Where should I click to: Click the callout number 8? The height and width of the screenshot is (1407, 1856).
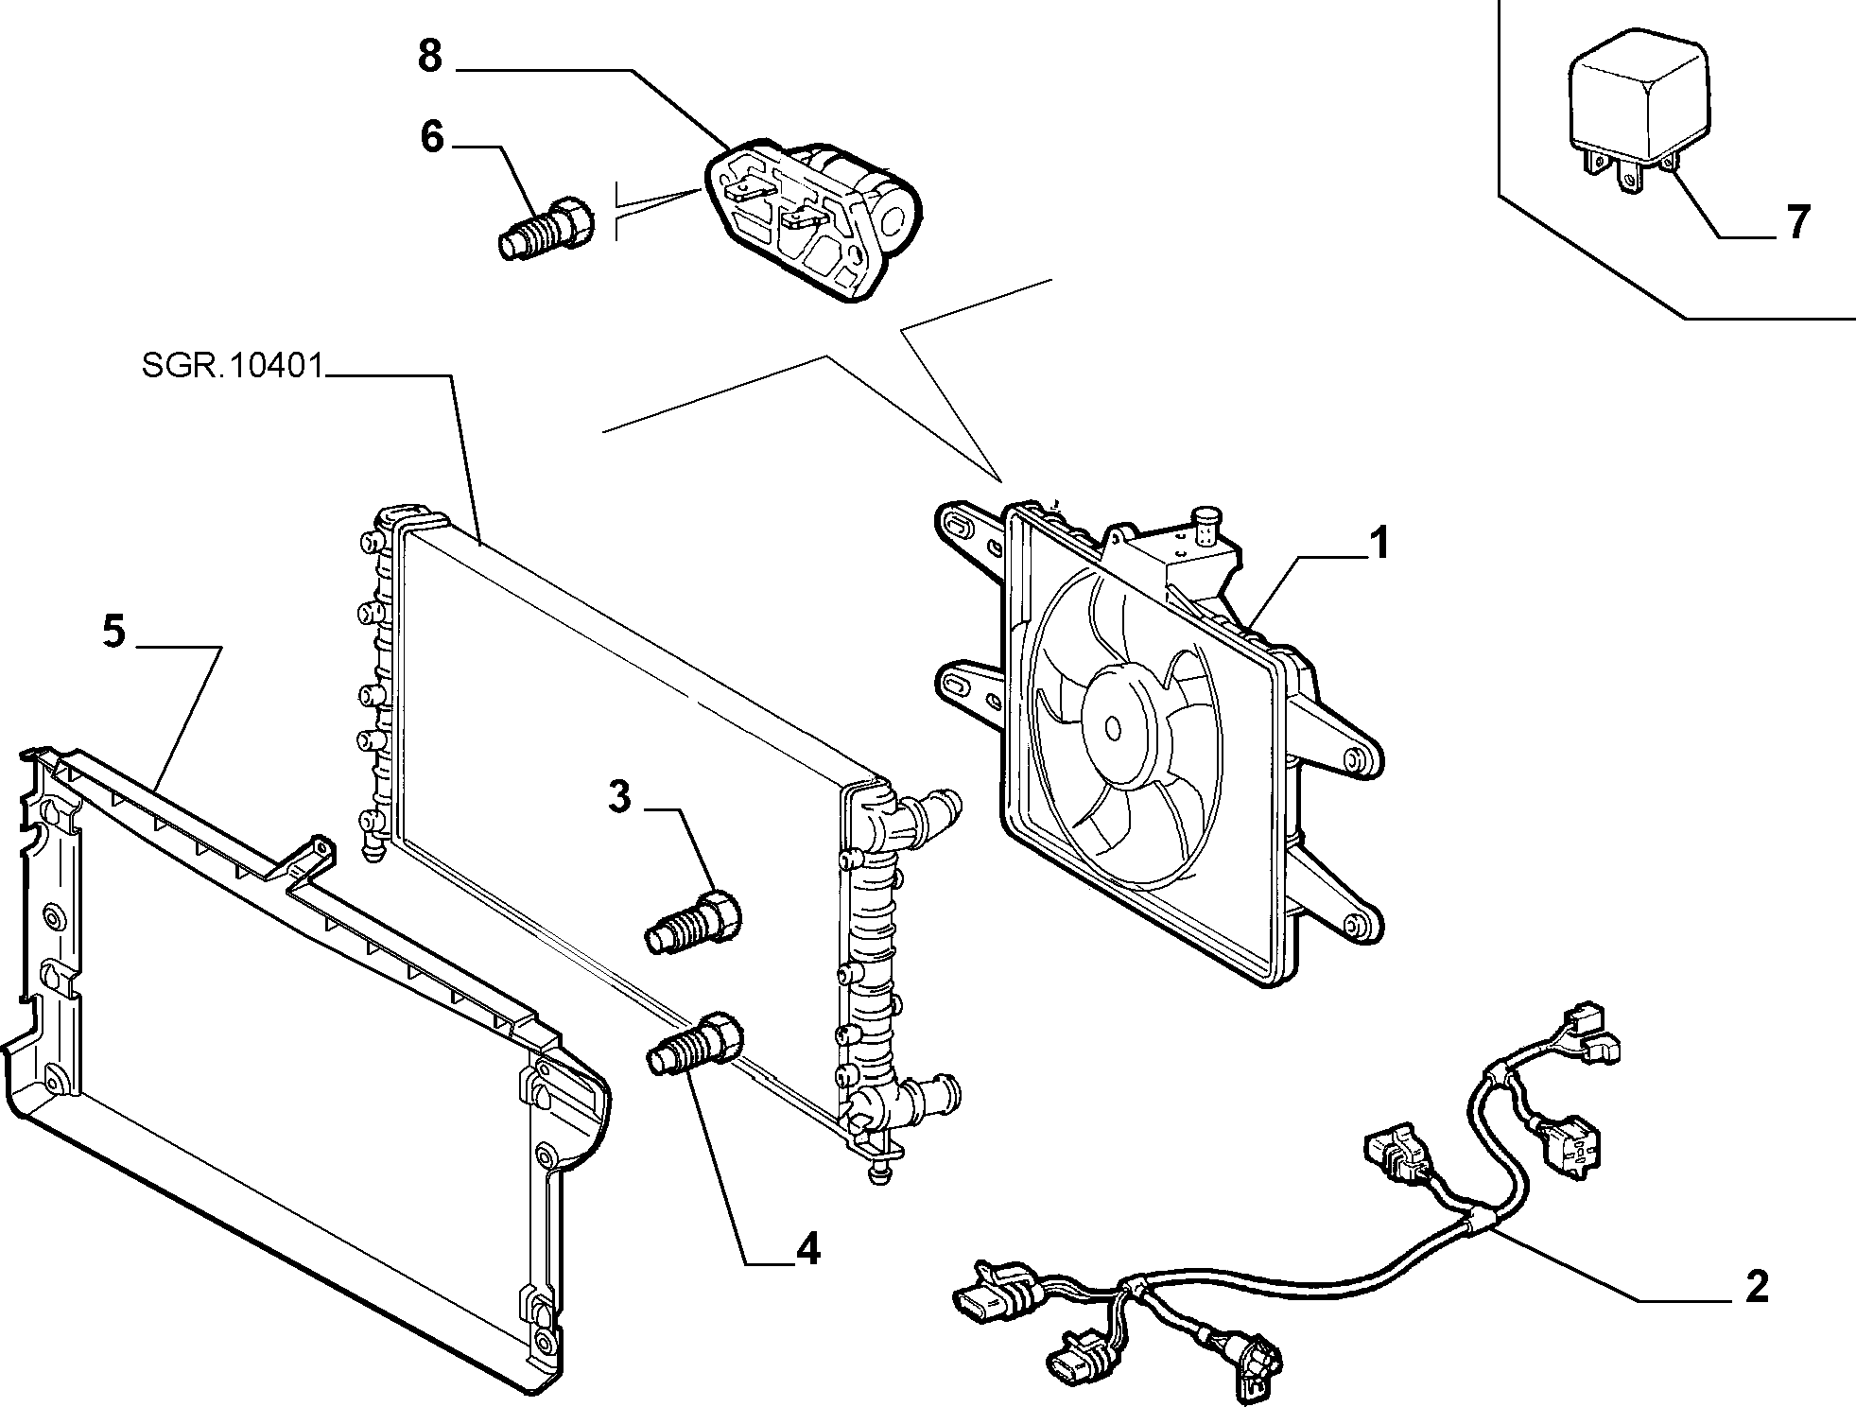pyautogui.click(x=430, y=57)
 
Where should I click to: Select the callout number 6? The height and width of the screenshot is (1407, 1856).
pyautogui.click(x=432, y=137)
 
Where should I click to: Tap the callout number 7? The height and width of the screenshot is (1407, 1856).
pyautogui.click(x=1797, y=222)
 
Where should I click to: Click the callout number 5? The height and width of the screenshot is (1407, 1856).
pyautogui.click(x=113, y=632)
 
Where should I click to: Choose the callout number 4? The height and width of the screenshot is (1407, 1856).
pyautogui.click(x=807, y=1251)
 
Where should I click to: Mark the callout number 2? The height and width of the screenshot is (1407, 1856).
pyautogui.click(x=1757, y=1288)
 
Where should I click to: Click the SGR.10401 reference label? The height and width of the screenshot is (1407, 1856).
pyautogui.click(x=234, y=366)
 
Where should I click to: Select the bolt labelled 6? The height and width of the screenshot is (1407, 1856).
pyautogui.click(x=546, y=228)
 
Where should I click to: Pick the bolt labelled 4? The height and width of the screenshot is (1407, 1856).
pyautogui.click(x=696, y=1043)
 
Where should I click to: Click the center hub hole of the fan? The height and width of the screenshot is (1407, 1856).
pyautogui.click(x=1113, y=727)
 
